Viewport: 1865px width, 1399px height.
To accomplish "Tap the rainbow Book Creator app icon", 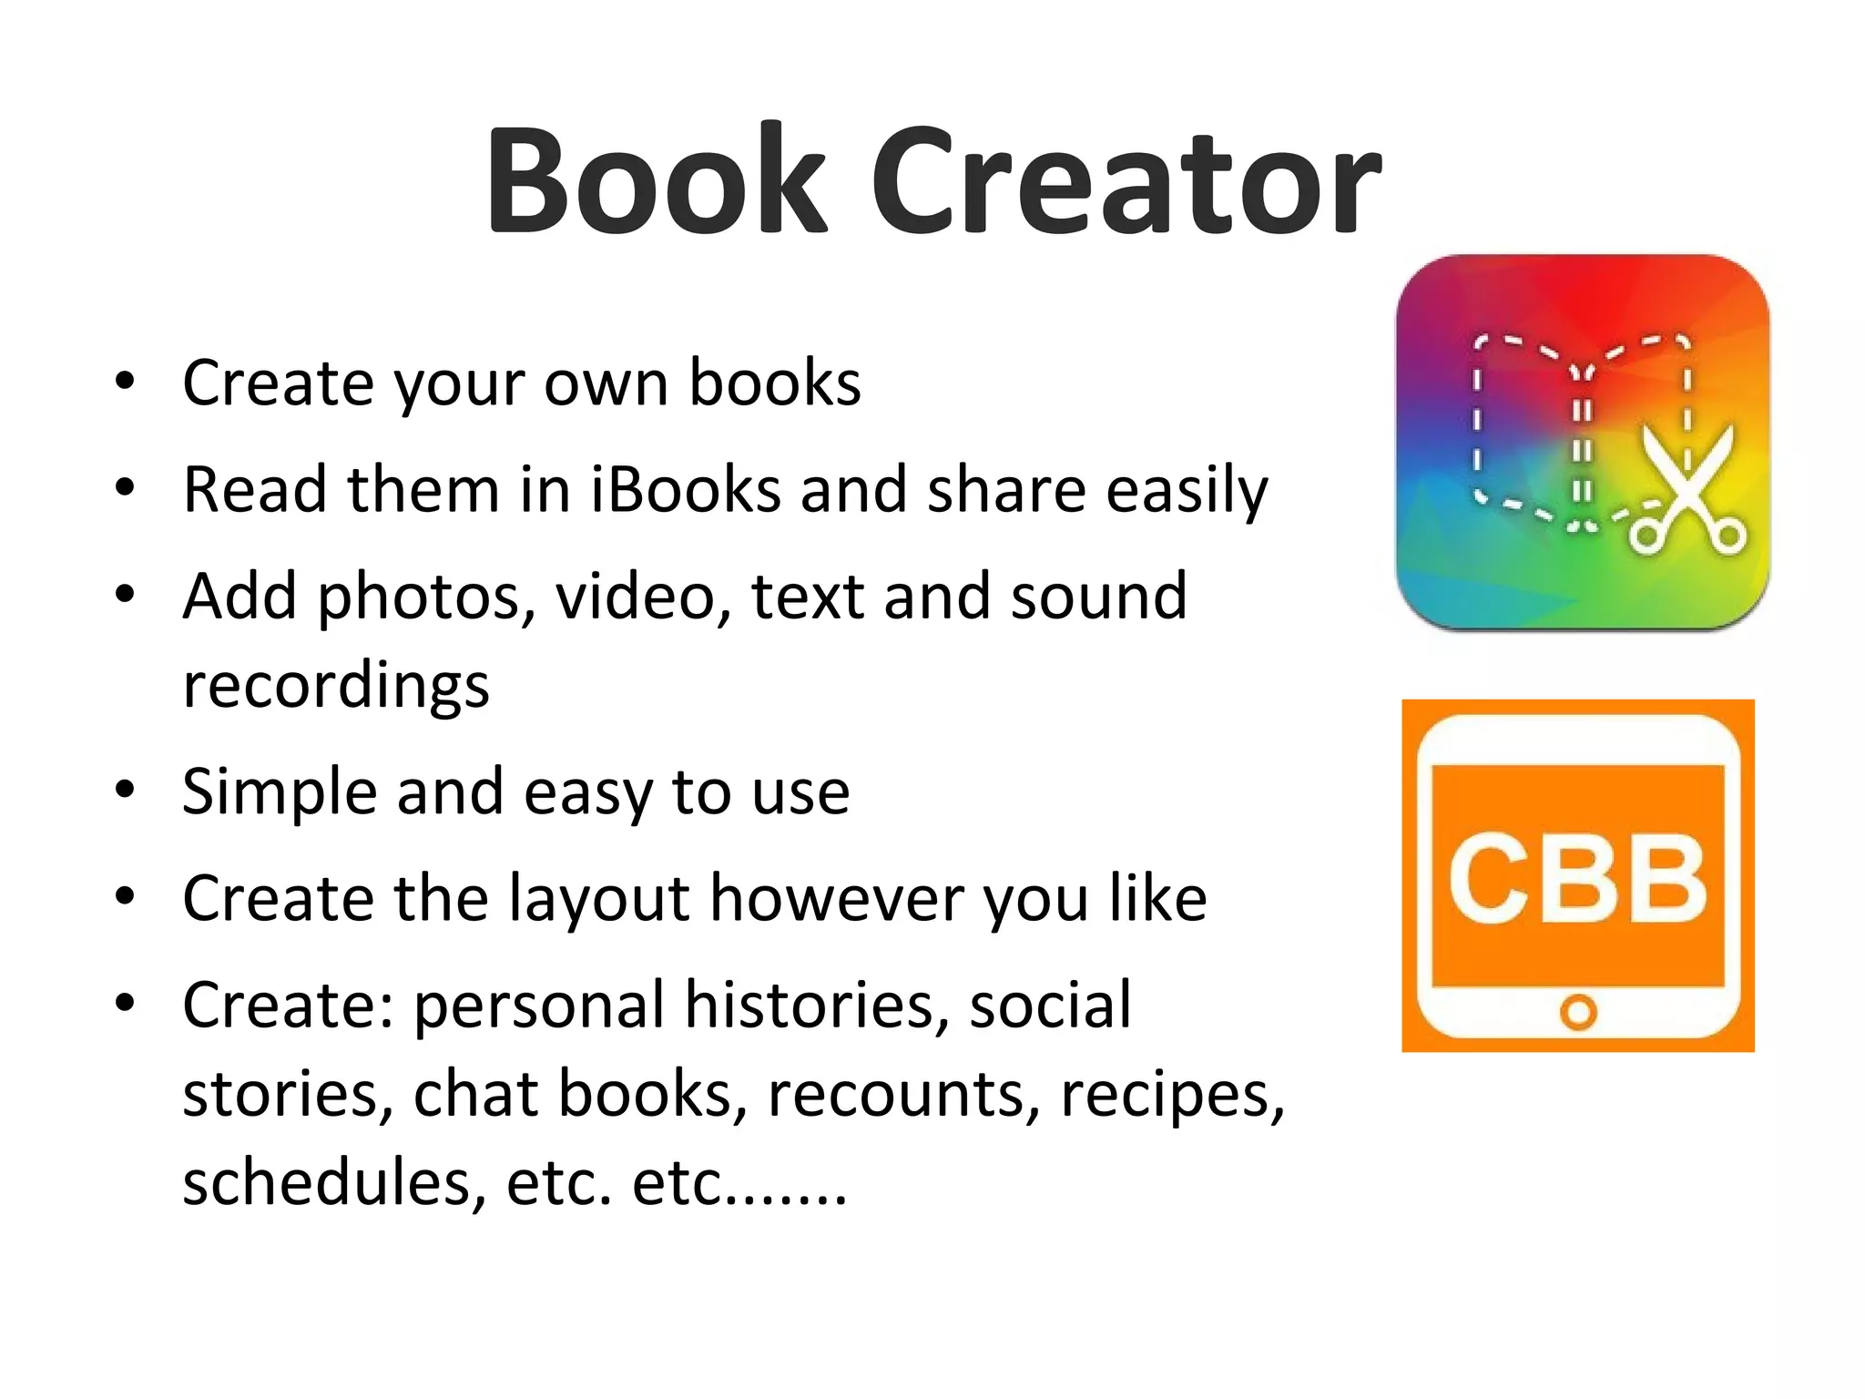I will click(x=1582, y=443).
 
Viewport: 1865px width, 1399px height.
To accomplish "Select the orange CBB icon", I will click(x=1577, y=875).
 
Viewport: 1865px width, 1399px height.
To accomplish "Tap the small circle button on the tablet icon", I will click(x=1578, y=1013).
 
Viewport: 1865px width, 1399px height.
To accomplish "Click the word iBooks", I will click(x=685, y=490).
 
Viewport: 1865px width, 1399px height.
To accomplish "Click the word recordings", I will click(x=336, y=686).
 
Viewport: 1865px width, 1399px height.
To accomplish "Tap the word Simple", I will click(x=279, y=792).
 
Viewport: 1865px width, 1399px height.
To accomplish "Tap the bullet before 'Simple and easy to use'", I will click(x=125, y=789).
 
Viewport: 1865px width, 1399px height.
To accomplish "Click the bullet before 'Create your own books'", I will click(x=125, y=380).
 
